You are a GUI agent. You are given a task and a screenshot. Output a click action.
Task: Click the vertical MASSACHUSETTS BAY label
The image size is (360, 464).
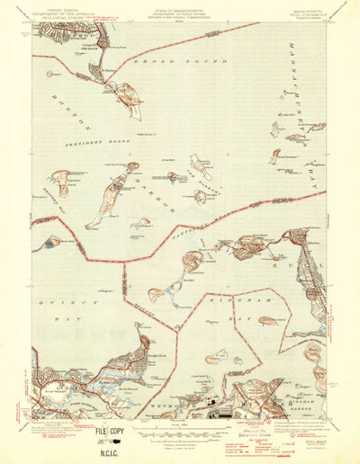tap(306, 108)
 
